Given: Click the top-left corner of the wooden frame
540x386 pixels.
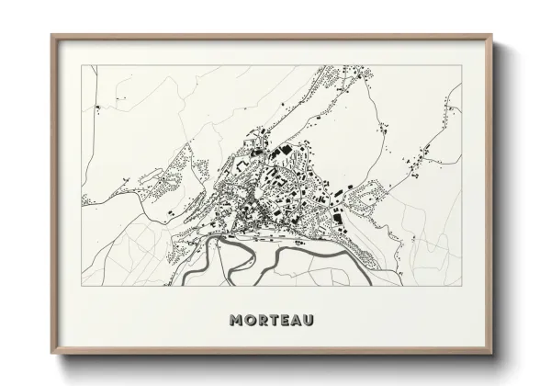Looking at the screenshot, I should (x=51, y=35).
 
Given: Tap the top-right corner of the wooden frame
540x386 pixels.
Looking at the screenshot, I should (x=493, y=35).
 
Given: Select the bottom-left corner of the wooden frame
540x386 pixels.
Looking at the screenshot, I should (x=51, y=356).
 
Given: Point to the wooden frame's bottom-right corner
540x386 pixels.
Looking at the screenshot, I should (x=493, y=356).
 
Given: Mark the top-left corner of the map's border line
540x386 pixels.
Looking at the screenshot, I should (x=82, y=65).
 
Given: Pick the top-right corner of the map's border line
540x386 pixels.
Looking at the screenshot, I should (x=462, y=65).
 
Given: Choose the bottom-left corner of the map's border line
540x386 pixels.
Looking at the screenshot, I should (x=82, y=286).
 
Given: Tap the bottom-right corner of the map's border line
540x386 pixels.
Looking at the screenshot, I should (x=462, y=286).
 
